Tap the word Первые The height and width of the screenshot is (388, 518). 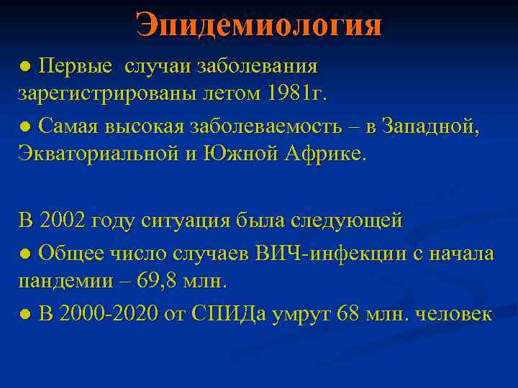click(x=76, y=67)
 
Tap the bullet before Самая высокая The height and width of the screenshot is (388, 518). click(x=25, y=127)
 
